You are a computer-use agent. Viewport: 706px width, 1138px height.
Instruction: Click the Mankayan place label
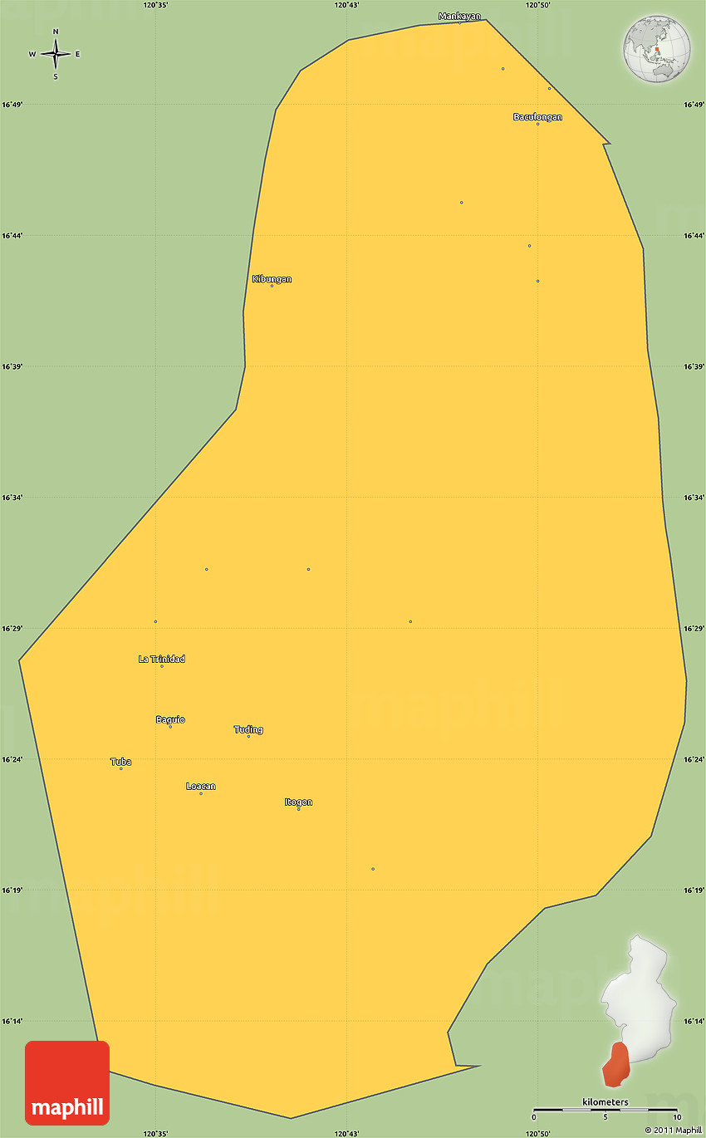coord(459,16)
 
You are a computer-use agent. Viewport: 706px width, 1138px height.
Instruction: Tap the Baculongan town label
coord(537,117)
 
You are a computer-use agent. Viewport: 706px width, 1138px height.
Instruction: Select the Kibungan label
coord(272,279)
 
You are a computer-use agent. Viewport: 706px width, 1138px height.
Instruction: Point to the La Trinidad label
coord(162,660)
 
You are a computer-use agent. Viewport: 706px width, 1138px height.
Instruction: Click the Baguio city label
coord(170,719)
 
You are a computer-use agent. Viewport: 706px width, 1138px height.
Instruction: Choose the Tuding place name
coord(248,730)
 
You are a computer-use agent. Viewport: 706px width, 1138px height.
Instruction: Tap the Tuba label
coord(120,762)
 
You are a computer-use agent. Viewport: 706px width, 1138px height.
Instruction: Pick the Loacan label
coord(201,787)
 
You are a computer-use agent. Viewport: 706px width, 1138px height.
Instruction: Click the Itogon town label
coord(298,802)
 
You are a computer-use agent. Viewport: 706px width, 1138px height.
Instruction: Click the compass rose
coord(56,54)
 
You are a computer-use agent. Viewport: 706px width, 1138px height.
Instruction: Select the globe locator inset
coord(657,48)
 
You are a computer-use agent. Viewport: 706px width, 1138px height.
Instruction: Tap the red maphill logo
coord(67,1082)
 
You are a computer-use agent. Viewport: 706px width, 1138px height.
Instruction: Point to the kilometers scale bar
coord(605,1109)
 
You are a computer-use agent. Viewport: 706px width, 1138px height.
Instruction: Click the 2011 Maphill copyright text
coord(674,1130)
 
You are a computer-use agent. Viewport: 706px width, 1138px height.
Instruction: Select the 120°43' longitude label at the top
coord(347,5)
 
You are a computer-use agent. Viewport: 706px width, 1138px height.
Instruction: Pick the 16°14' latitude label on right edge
coord(694,1021)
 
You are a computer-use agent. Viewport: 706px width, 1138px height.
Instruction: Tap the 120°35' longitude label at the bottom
coord(155,1133)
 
